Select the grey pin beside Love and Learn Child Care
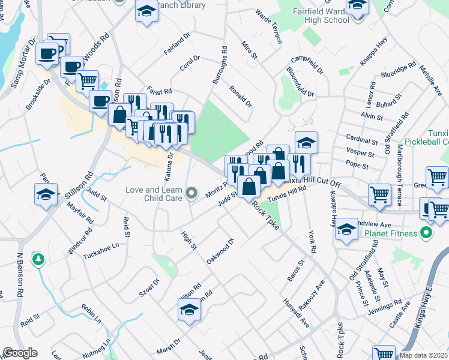(191, 193)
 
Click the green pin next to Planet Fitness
(427, 233)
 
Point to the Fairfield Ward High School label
(313, 16)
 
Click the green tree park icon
(38, 259)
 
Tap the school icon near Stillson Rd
(46, 195)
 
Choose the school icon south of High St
(188, 310)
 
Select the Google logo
(20, 353)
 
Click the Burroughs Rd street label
(219, 66)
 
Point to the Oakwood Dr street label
(219, 252)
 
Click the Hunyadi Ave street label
(296, 313)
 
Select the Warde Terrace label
(268, 26)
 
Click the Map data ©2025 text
(423, 355)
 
